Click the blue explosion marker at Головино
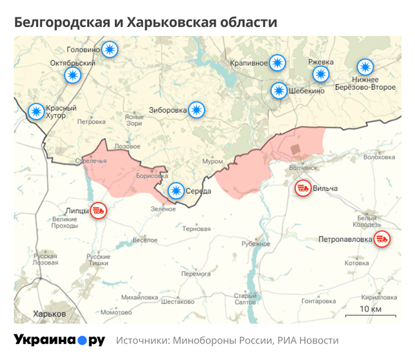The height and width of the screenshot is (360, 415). (110, 49)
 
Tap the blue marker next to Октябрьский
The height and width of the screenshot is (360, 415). (73, 75)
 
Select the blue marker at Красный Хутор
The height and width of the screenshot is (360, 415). (36, 111)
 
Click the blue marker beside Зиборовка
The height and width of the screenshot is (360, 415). (198, 109)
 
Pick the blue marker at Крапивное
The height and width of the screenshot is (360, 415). (277, 63)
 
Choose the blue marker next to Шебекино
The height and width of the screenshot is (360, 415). (278, 90)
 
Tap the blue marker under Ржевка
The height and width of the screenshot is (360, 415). (320, 75)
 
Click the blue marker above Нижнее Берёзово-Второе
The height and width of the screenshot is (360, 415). (365, 67)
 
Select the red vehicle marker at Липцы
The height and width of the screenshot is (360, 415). (98, 210)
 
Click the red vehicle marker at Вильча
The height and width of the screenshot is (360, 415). (302, 188)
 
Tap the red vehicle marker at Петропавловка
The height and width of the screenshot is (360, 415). (382, 240)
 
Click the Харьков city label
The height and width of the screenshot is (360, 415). (50, 314)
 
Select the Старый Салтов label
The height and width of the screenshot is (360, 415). (246, 299)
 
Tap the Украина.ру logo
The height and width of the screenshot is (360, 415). (59, 340)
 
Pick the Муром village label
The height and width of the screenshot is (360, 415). (212, 161)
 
